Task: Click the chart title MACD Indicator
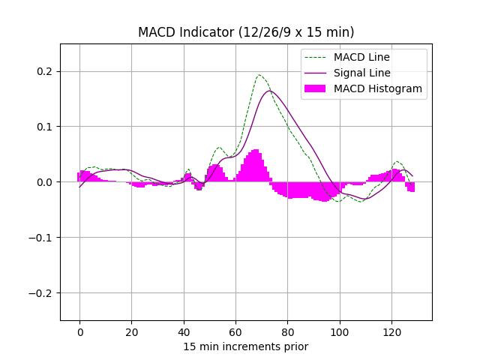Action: [x=246, y=32]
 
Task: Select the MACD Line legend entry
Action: [x=361, y=57]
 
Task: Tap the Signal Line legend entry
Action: [x=361, y=73]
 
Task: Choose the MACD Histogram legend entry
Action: [x=377, y=88]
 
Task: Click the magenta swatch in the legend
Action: [x=315, y=88]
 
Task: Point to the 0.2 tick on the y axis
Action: [x=46, y=71]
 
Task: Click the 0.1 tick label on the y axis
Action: [x=46, y=127]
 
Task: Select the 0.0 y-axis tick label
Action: [x=46, y=182]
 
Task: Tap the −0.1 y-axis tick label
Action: [x=43, y=238]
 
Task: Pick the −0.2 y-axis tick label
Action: [x=43, y=293]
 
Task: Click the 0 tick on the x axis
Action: [x=79, y=331]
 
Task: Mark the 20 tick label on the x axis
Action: [x=132, y=331]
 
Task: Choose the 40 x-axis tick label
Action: [x=184, y=331]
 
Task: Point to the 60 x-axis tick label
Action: [x=235, y=331]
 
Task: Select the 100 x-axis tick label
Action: [x=340, y=331]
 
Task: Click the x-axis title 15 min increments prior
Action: [x=246, y=346]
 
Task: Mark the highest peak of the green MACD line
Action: [x=259, y=75]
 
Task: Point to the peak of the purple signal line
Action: [x=270, y=91]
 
